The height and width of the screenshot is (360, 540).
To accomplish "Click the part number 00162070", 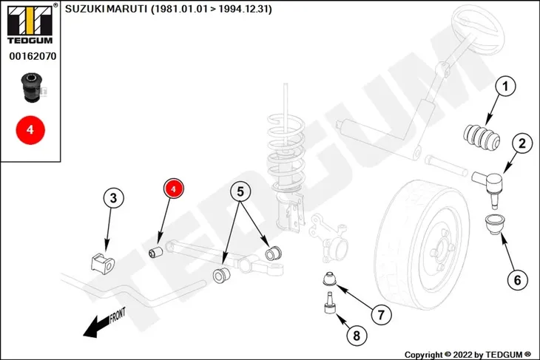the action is pos(33,56).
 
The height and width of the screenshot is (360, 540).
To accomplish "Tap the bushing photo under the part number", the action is pos(31,87).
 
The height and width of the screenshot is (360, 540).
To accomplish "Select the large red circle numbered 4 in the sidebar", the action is pos(30,130).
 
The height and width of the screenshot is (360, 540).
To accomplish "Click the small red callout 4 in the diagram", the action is pos(174,189).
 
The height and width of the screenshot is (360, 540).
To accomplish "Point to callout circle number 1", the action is pos(505,86).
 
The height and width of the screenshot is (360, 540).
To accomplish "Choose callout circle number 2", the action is pos(522,143).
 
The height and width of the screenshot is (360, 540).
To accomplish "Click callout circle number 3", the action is pos(113,198).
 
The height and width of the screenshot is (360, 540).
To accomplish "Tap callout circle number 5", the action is pos(240,191).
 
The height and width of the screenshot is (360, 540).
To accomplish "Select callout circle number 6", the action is pos(518,280).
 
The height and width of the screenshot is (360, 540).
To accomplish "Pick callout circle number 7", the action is pos(381,315).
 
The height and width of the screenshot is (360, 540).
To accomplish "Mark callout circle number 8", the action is pos(357,335).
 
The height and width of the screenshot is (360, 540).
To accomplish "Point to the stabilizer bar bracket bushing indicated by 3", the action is pos(103,264).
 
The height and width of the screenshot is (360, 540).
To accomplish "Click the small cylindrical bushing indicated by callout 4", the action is pos(155,252).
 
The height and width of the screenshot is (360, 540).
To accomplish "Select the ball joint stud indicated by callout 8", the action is pos(330,303).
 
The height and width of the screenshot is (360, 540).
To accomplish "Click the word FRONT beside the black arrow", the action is pos(118,315).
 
